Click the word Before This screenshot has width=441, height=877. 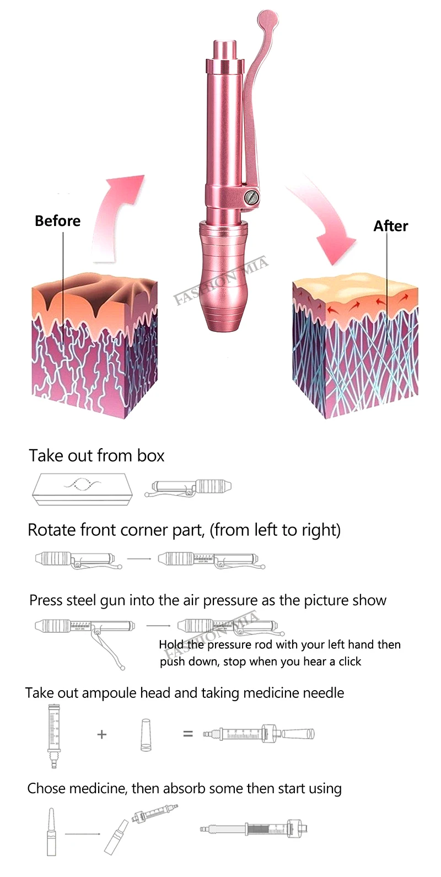point(57,221)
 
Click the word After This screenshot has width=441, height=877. point(390,226)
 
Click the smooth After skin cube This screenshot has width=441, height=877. point(355,342)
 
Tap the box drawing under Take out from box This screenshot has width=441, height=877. point(82,488)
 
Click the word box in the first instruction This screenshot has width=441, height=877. point(150,456)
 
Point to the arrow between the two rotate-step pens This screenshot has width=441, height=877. point(139,558)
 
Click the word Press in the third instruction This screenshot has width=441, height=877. point(46,600)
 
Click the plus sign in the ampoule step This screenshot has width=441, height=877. point(101,734)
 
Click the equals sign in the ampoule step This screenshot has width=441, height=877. point(188,734)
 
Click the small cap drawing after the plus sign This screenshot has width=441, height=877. point(146,734)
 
